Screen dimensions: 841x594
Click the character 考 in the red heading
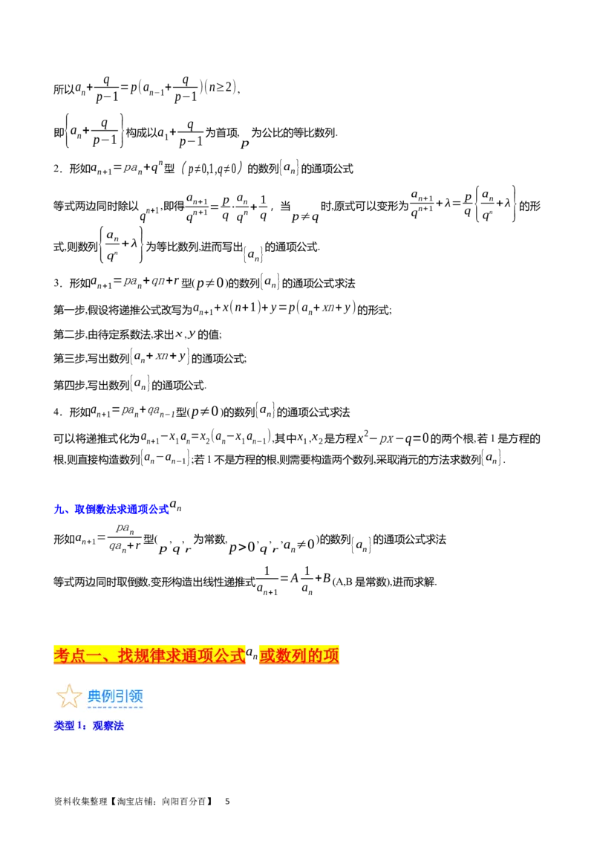pos(62,655)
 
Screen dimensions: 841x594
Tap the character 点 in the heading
pos(79,655)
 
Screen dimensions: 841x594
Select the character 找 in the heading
pos(126,655)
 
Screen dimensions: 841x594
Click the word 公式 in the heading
pos(228,655)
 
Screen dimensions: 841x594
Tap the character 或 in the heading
pos(267,655)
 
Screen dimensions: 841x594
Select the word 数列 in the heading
pos(291,655)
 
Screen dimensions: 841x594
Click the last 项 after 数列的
pos(332,655)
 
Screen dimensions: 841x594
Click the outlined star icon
pos(69,696)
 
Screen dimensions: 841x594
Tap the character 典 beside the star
pos(95,696)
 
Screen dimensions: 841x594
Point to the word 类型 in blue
pos(64,726)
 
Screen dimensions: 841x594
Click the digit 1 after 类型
pos(80,726)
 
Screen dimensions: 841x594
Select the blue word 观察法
pos(108,726)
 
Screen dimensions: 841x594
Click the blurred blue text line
pos(112,510)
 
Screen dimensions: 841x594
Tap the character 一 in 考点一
pos(96,655)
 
